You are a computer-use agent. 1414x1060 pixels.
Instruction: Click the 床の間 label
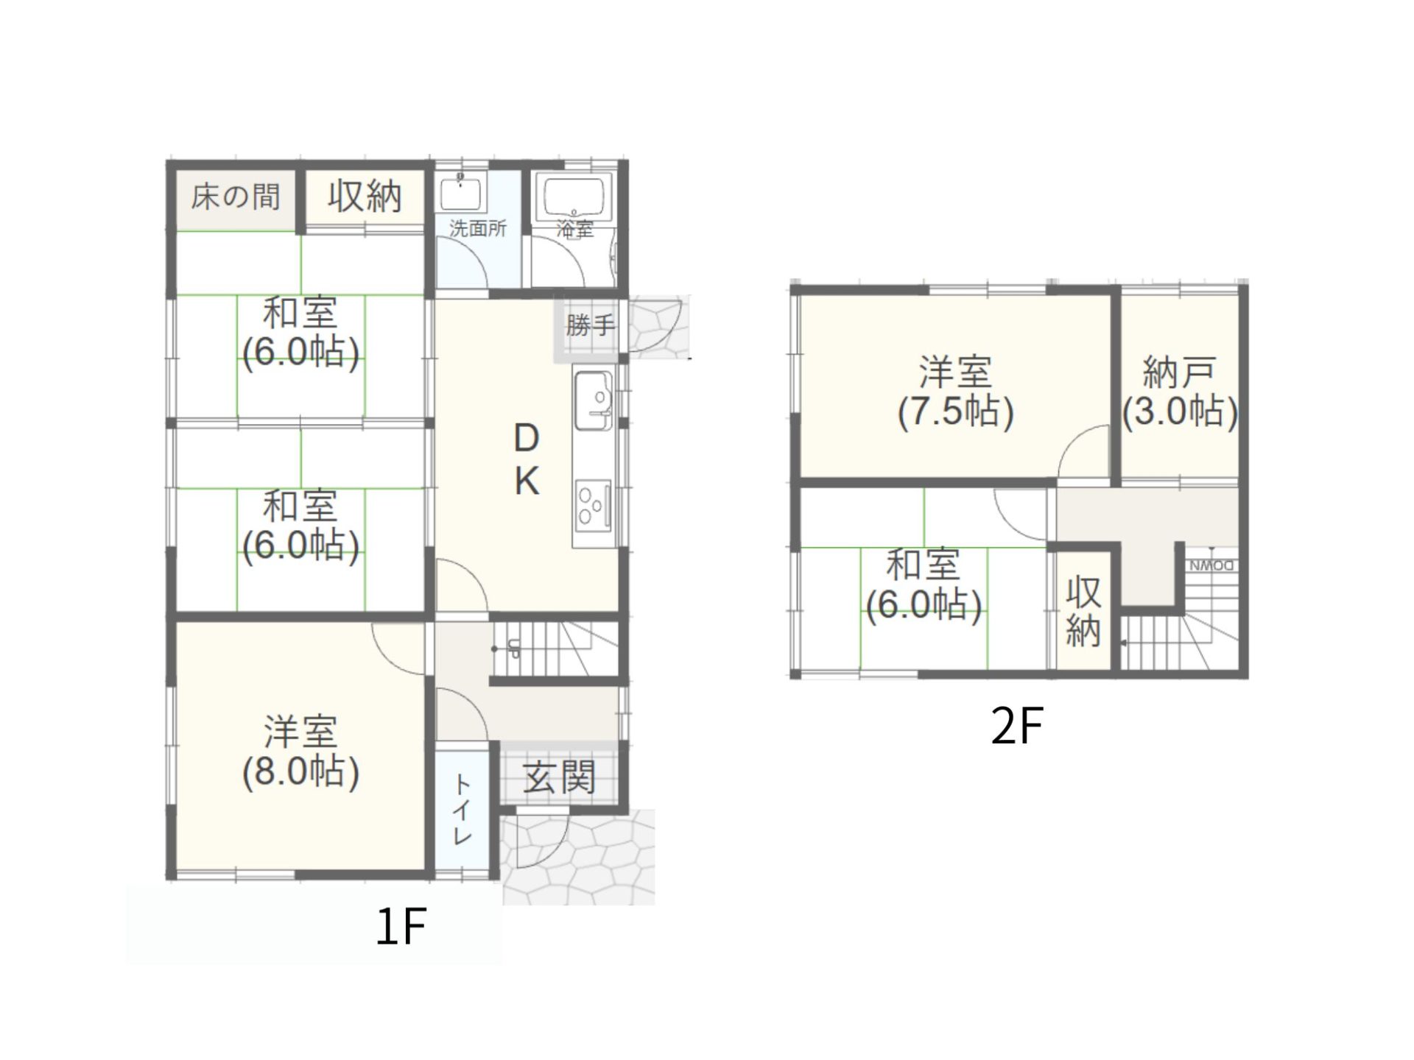(236, 197)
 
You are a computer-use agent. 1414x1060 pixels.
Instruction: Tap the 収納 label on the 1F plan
(365, 197)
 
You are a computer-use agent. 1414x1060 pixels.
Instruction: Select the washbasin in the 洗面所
(462, 193)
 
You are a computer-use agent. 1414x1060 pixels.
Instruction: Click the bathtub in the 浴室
(577, 195)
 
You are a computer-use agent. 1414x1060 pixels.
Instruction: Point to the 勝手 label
(589, 325)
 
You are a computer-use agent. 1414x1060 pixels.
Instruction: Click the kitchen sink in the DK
(594, 401)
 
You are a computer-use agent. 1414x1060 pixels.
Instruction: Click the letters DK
(527, 461)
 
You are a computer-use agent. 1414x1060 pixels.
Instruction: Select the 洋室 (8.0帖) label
(300, 752)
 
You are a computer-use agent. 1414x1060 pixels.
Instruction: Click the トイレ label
(462, 809)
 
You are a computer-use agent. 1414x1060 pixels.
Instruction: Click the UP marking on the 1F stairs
(513, 649)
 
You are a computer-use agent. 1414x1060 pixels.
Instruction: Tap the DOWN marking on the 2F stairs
(1211, 566)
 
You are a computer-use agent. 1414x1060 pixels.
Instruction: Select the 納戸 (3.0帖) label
(1180, 392)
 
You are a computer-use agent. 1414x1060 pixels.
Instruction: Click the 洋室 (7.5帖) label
(955, 392)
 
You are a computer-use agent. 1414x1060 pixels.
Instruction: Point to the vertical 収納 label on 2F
(1083, 612)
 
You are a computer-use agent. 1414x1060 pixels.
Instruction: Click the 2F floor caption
(1017, 727)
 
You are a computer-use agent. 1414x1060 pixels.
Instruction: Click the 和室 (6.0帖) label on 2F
(924, 585)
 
